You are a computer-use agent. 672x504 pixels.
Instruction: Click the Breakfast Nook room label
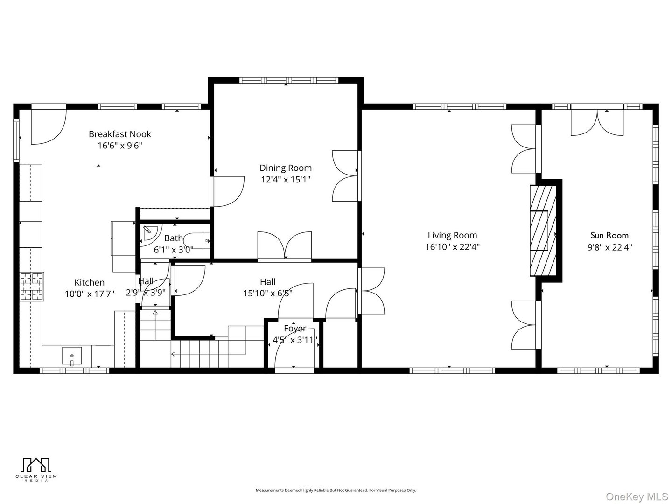tap(120, 134)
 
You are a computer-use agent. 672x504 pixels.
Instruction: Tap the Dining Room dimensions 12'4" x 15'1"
tap(285, 179)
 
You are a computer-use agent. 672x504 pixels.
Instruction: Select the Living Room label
tap(452, 235)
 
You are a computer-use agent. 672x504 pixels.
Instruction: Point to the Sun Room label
tap(609, 235)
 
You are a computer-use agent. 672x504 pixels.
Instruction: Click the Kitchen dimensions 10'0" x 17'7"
tap(90, 294)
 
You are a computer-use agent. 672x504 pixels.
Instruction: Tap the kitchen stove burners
tap(32, 286)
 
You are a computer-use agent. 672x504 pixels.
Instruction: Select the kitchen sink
tap(72, 356)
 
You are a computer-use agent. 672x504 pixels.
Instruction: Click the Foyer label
tap(295, 329)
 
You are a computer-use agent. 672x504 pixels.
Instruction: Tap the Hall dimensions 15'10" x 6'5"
tap(267, 294)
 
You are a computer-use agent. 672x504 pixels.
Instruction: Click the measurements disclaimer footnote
tap(336, 490)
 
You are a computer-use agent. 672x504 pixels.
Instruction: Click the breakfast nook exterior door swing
tap(48, 126)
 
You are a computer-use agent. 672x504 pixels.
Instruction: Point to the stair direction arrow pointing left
tap(174, 354)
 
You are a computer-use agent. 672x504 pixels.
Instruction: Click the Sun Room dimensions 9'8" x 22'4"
tap(609, 247)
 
